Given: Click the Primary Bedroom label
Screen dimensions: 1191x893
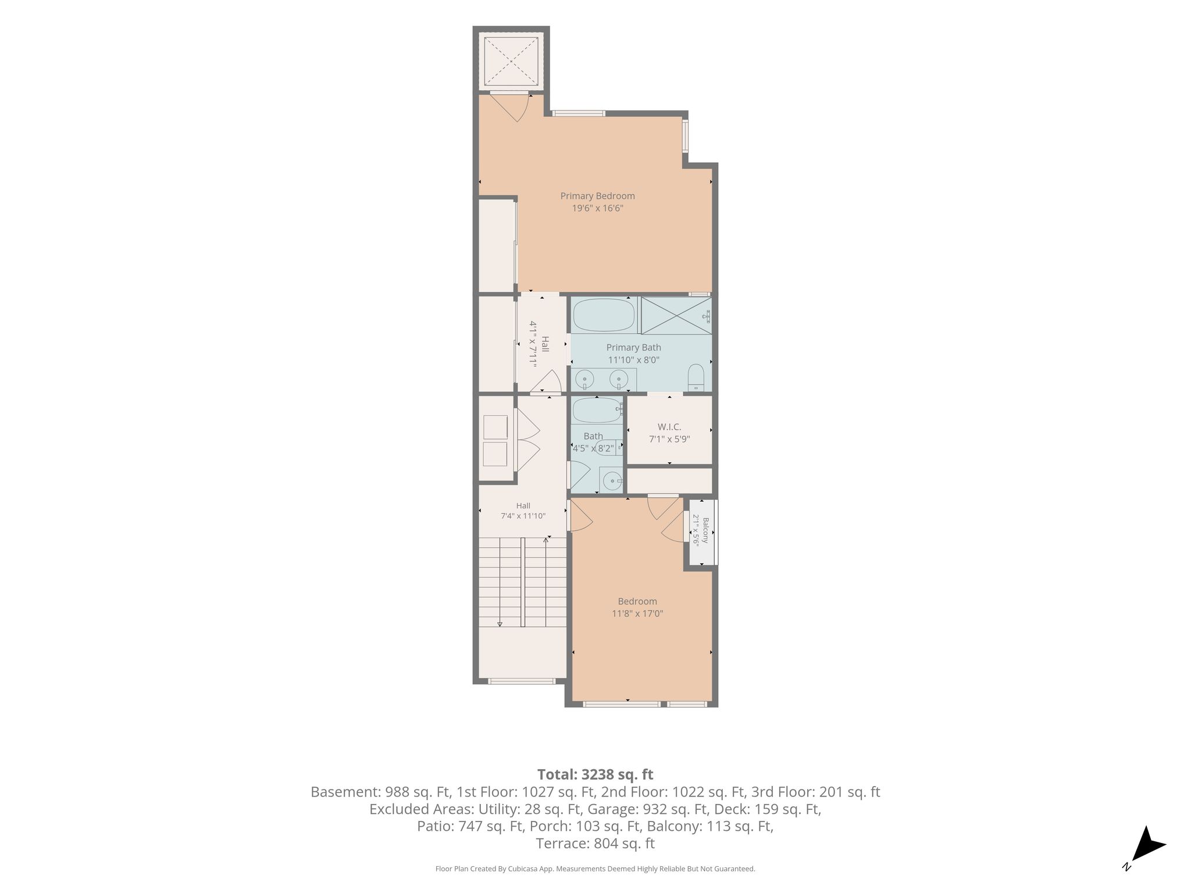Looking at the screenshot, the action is [x=597, y=196].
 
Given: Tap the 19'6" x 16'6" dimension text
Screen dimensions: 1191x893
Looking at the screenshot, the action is [x=597, y=208].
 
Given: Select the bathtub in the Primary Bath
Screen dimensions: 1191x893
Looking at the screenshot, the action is [x=604, y=315].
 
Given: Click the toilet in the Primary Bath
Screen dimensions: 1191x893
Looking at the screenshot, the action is [x=696, y=378].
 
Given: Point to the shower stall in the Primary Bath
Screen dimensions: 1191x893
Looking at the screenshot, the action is [x=676, y=316].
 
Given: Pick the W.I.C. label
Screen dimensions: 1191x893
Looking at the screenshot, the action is [x=669, y=427].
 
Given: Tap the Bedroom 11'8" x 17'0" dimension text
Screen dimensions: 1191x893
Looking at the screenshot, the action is [x=637, y=613].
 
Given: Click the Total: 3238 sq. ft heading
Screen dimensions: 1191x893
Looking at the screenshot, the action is [x=595, y=774].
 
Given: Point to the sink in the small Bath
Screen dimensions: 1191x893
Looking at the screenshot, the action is [x=611, y=480].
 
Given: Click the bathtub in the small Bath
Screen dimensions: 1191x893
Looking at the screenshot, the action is [x=597, y=410].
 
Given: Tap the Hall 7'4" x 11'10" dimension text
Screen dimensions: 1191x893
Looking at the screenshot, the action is [x=523, y=516].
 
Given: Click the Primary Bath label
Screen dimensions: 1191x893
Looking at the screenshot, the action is [x=633, y=348].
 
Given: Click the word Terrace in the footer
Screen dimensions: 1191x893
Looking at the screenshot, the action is [x=563, y=844].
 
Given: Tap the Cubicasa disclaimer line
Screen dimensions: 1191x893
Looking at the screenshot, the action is [x=595, y=869].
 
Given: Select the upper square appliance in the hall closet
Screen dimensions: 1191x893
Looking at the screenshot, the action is [x=495, y=427].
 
